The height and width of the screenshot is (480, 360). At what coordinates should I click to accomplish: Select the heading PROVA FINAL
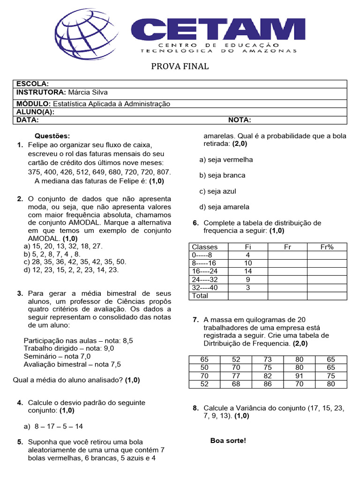(x=180, y=67)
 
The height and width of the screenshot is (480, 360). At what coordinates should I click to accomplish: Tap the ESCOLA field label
(x=33, y=84)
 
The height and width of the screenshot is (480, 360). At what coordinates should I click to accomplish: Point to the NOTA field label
(x=240, y=120)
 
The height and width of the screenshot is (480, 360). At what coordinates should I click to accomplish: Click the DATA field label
(x=28, y=120)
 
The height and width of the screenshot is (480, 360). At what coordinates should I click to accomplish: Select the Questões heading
(x=52, y=136)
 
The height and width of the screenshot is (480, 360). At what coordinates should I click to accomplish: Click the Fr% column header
(x=327, y=247)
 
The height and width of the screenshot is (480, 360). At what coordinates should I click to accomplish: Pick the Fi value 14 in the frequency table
(x=248, y=271)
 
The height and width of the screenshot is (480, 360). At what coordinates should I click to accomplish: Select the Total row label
(x=200, y=296)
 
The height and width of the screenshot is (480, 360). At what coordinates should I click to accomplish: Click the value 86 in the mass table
(x=268, y=384)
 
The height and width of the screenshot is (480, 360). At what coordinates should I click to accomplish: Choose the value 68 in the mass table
(x=236, y=384)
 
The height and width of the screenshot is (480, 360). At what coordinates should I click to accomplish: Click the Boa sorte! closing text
(x=228, y=441)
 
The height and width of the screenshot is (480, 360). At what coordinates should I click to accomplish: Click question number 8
(x=195, y=408)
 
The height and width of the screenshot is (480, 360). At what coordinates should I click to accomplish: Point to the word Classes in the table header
(x=205, y=247)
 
